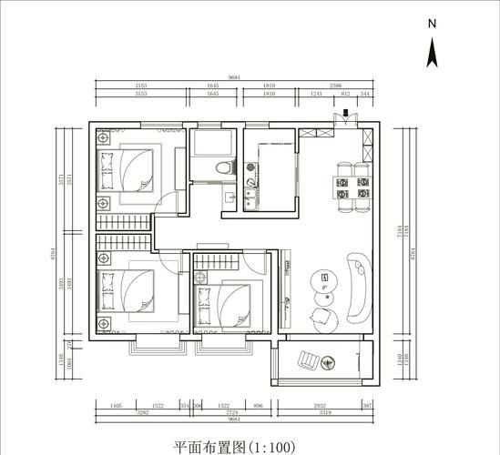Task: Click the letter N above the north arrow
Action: click(x=434, y=24)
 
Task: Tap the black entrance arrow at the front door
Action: click(x=348, y=114)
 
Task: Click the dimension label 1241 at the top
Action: click(x=316, y=94)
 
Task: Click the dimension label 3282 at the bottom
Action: click(x=140, y=412)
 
